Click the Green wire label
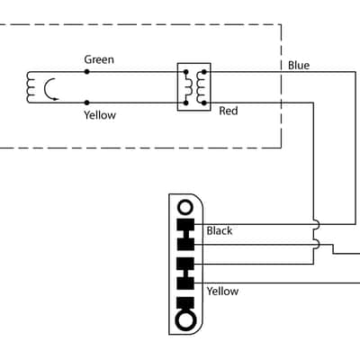(99, 59)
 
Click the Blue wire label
(299, 66)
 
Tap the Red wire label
(229, 111)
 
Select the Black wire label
(220, 230)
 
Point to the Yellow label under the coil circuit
(100, 115)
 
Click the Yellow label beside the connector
(222, 292)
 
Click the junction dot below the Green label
(86, 72)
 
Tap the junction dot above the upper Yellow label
(86, 103)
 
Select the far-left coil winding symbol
(30, 87)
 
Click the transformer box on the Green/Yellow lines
(193, 87)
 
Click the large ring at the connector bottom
(185, 319)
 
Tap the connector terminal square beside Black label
(185, 225)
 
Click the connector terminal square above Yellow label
(185, 283)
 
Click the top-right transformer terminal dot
(204, 72)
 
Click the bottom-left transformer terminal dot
(185, 103)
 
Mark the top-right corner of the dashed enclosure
(281, 24)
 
